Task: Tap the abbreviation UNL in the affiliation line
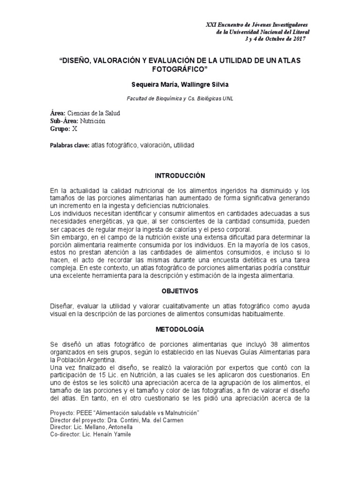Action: pos(227,99)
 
